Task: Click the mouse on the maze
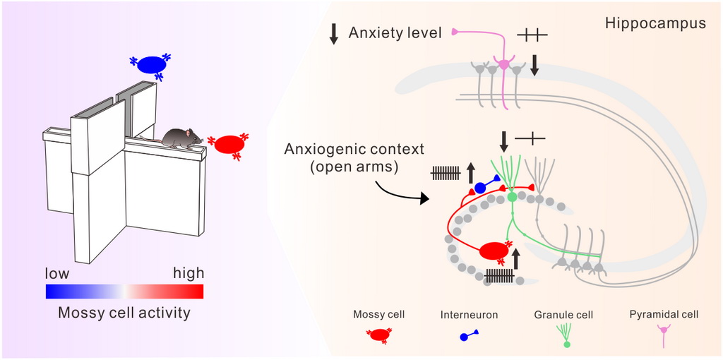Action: [x=181, y=138]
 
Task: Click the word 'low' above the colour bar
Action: [x=57, y=273]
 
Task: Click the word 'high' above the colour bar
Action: [x=188, y=273]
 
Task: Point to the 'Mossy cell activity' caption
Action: [x=124, y=312]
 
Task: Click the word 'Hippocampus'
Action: [x=655, y=23]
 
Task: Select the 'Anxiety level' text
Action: [x=395, y=32]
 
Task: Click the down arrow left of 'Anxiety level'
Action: [x=335, y=33]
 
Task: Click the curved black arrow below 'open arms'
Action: [x=403, y=192]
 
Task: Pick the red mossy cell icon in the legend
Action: [x=379, y=335]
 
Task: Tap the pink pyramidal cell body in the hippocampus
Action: [x=504, y=65]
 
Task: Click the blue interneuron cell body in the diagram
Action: [x=480, y=188]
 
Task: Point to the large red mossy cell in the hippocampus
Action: [x=496, y=251]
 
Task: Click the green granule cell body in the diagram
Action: [x=512, y=197]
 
